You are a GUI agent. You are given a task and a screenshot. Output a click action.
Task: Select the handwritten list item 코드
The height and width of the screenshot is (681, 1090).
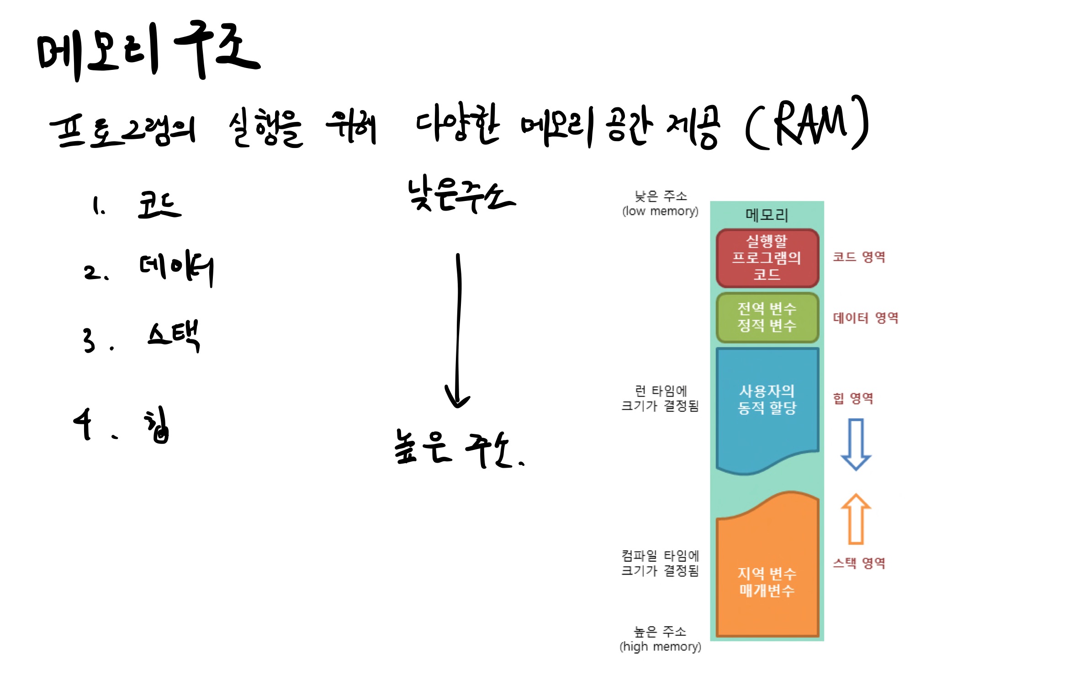point(159,205)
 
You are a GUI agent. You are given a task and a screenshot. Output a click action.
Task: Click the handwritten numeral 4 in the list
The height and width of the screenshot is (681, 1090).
point(84,423)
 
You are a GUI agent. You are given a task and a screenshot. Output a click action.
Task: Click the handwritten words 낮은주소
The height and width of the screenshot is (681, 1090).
point(461,195)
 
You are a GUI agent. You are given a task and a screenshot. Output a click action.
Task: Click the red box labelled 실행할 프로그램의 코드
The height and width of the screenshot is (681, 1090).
point(767,258)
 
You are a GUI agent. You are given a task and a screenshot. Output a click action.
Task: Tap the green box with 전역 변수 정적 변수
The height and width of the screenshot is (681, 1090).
point(767,317)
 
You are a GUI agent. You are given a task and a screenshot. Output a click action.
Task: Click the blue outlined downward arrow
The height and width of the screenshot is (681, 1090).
point(856,444)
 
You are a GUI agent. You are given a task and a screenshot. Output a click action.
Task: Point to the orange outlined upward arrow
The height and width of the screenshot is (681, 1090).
point(856,519)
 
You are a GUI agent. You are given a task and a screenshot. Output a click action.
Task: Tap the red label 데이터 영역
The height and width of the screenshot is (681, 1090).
point(866,318)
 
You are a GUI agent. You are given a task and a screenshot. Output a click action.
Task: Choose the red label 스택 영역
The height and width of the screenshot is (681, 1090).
point(859,563)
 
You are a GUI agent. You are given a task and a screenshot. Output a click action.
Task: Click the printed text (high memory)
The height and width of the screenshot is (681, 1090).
point(660,647)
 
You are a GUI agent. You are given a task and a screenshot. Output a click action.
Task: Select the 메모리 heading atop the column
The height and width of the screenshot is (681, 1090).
point(767,215)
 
